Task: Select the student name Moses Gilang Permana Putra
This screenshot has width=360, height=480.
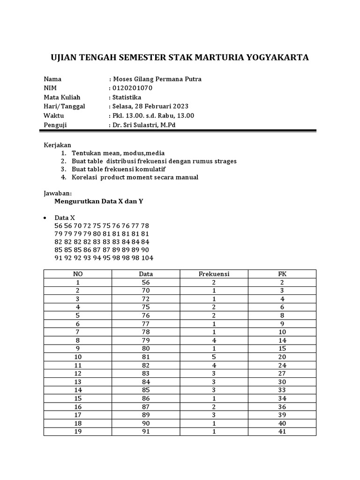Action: [157, 79]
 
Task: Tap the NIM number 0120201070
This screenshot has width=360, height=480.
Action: [132, 88]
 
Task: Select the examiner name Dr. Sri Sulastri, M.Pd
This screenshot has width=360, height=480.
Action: [143, 125]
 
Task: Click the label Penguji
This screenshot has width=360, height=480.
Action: [55, 125]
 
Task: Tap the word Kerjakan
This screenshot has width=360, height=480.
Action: [57, 145]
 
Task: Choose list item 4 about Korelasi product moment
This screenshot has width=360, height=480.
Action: [135, 177]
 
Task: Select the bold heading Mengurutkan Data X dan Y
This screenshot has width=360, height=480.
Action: [98, 201]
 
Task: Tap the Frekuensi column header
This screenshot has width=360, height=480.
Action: [214, 274]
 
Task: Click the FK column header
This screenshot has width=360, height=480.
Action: [282, 274]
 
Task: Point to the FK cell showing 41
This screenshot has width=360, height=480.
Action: [282, 431]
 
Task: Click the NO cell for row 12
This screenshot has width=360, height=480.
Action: [77, 374]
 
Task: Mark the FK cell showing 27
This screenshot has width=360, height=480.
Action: [282, 374]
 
